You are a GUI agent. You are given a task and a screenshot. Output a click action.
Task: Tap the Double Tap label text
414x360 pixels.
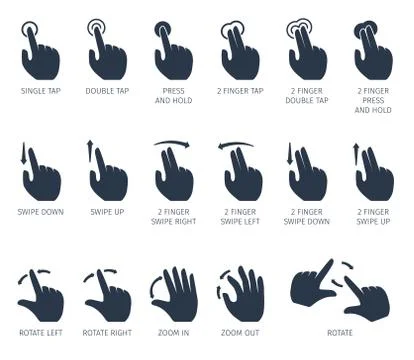107,91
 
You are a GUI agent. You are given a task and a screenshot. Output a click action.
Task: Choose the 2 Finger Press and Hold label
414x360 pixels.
372,99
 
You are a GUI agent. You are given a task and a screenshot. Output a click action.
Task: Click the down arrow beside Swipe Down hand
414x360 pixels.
22,155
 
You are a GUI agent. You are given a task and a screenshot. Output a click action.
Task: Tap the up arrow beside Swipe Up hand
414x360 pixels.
90,152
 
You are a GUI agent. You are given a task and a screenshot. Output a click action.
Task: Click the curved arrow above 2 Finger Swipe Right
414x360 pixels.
173,146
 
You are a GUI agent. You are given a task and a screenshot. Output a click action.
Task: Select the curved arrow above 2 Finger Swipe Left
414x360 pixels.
238,146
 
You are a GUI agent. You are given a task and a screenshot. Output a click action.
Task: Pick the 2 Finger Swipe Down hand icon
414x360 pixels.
308,174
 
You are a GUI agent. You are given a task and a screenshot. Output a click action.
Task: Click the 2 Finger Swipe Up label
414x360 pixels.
372,216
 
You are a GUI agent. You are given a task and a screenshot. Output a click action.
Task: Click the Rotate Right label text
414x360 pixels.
107,332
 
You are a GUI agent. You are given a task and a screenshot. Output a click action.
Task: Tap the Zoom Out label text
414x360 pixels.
240,332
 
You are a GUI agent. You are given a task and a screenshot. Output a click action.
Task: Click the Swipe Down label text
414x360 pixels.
41,212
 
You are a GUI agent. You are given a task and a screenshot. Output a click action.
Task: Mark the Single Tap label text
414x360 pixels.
41,91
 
